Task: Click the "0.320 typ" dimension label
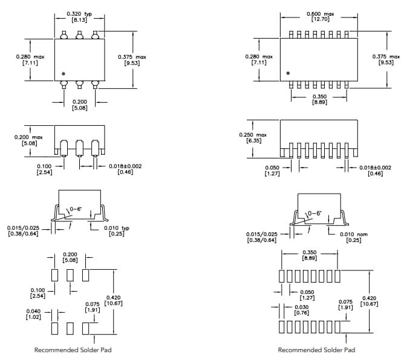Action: (80, 13)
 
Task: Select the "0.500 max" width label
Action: (320, 13)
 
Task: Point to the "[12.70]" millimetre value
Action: (320, 19)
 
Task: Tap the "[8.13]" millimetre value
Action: (80, 19)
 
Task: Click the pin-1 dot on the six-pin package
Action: (62, 73)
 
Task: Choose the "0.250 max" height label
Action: (253, 134)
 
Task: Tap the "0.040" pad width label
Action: (33, 311)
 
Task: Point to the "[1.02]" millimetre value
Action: (33, 317)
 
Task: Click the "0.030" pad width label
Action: (301, 307)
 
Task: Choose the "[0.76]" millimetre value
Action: (301, 313)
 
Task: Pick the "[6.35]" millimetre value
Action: (253, 140)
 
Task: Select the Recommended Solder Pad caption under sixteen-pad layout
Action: (316, 350)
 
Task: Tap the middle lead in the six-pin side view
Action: (79, 148)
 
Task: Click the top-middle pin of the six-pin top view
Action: (79, 36)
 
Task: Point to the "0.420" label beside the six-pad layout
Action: (113, 297)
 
